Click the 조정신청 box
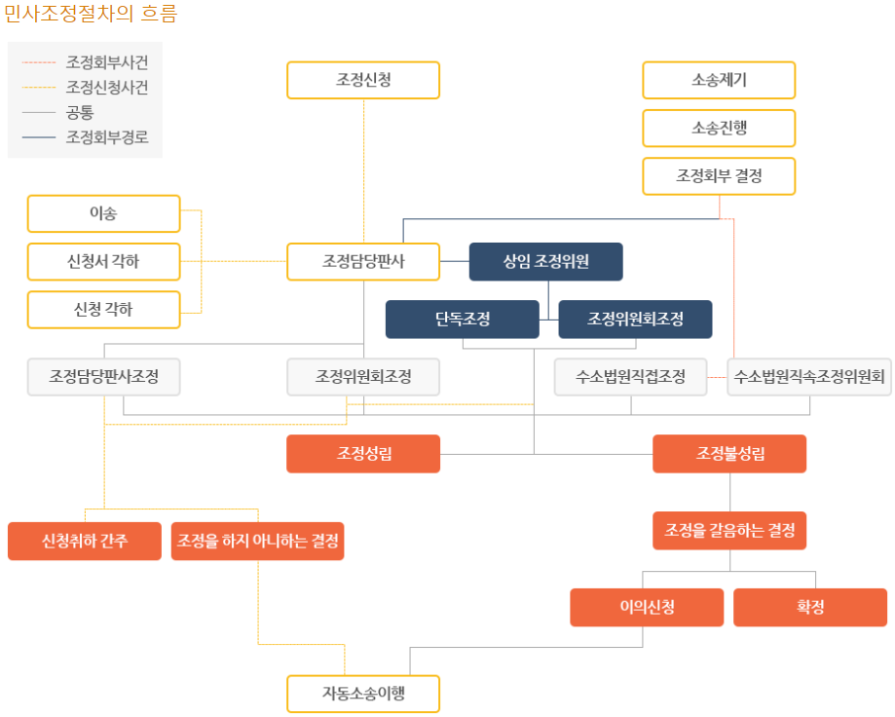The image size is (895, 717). coord(363,80)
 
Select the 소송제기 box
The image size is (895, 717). coord(719,80)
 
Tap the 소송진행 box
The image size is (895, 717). coord(719,128)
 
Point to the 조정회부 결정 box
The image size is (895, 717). coord(719,176)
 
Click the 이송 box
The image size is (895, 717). coord(103,213)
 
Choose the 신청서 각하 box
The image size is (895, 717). coord(103,261)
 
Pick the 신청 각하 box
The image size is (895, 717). coord(103,310)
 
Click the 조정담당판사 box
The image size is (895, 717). coord(363,261)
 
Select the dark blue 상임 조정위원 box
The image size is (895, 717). coord(545,261)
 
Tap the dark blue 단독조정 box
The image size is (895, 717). coord(462,319)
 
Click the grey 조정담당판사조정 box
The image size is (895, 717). coord(103,377)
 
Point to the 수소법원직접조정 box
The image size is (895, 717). coord(631,377)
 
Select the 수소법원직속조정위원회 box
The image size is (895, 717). coord(809,377)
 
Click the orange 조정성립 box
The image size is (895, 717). coord(363,453)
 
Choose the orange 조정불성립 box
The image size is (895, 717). coord(729,453)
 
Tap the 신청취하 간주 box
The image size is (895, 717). coord(85,541)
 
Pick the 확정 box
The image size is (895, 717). coord(809,607)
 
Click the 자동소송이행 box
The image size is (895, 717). coord(363,694)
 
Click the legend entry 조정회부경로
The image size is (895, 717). coord(106,137)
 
